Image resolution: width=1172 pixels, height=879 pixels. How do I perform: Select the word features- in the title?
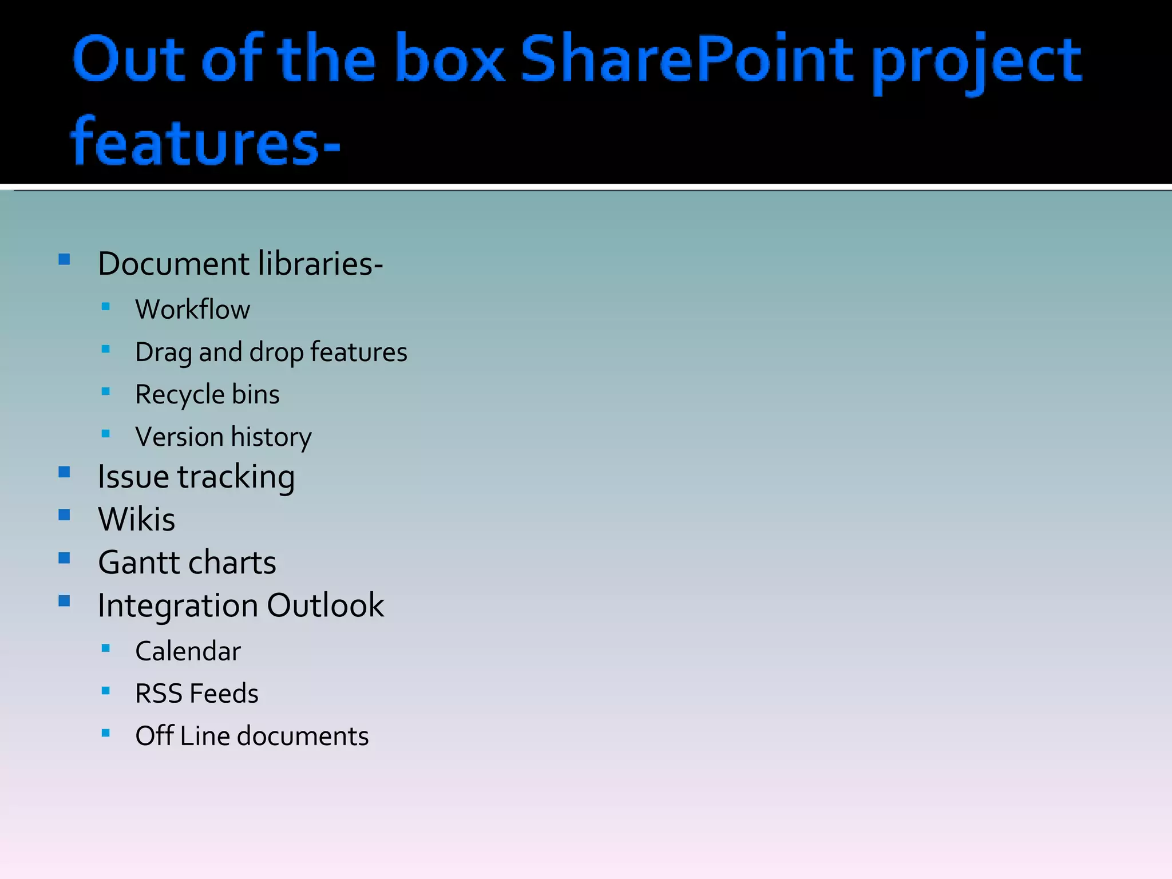click(x=205, y=142)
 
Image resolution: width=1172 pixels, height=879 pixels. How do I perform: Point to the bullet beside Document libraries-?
click(x=64, y=260)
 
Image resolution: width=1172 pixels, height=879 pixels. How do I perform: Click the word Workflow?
click(x=192, y=310)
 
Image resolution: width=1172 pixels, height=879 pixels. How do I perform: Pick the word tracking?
click(x=236, y=477)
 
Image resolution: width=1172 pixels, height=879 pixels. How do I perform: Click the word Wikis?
click(x=136, y=520)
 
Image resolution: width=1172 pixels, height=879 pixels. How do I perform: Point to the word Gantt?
click(x=140, y=563)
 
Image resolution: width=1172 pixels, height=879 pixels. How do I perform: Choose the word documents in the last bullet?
click(x=303, y=737)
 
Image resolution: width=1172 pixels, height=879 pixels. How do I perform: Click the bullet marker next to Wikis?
click(x=64, y=515)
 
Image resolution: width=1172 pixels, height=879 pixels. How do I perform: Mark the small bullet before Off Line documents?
click(x=105, y=732)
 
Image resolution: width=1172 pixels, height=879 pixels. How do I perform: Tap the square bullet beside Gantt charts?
click(x=64, y=558)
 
